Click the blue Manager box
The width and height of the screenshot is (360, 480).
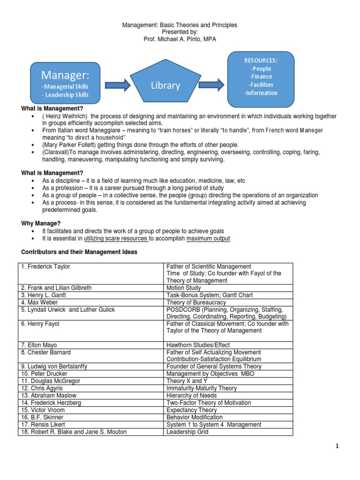point(65,82)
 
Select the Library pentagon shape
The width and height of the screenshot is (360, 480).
point(165,84)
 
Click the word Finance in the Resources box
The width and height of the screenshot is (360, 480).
point(261,76)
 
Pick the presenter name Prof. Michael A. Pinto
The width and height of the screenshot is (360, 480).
point(180,39)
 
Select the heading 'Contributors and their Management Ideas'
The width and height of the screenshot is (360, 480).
point(79,252)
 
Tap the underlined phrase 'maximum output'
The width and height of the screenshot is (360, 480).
point(208,239)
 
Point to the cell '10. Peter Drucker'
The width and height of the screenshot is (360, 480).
point(44,374)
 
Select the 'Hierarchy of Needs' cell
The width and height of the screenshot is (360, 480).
point(192,395)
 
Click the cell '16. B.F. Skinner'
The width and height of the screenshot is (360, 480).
point(42,417)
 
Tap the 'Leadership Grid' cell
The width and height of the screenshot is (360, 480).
point(187,432)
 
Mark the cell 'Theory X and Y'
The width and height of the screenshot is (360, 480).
point(186,381)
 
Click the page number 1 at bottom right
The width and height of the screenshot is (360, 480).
point(337,447)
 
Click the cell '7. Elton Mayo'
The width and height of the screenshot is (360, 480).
point(40,345)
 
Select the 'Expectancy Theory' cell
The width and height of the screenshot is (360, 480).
point(192,410)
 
